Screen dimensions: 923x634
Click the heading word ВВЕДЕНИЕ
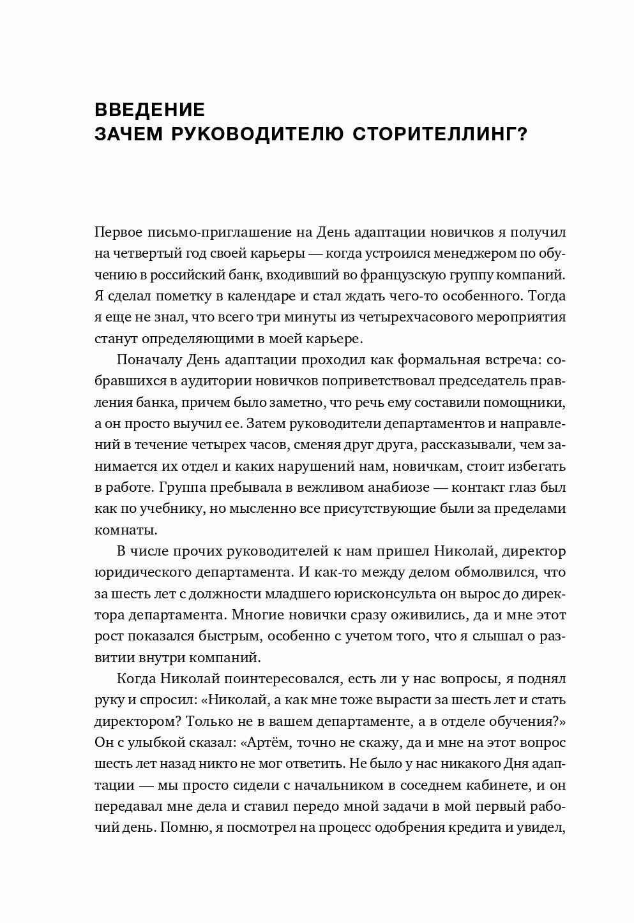click(149, 110)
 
